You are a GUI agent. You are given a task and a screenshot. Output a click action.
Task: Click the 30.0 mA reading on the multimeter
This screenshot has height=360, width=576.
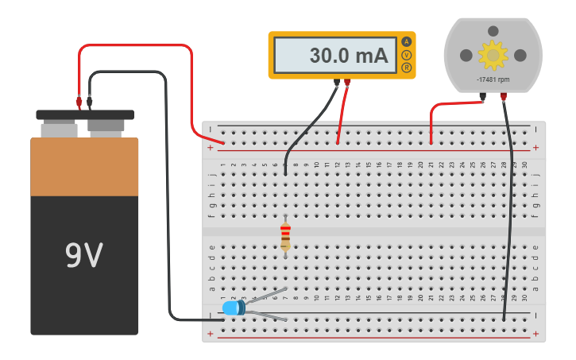point(348,56)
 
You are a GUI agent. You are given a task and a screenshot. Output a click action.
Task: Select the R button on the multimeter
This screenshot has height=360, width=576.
point(407,68)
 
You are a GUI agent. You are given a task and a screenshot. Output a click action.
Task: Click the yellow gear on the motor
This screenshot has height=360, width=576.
point(493,55)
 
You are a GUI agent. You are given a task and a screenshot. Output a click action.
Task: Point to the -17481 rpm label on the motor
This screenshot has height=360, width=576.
point(493,80)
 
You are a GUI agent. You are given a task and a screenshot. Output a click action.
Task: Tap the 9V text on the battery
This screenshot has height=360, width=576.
point(83,256)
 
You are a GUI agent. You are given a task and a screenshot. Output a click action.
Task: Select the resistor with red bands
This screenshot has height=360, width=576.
point(285,237)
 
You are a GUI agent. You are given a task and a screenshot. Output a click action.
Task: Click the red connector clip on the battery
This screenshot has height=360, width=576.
point(79,102)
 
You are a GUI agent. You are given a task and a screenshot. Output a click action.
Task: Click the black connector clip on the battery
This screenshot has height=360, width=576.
point(89,102)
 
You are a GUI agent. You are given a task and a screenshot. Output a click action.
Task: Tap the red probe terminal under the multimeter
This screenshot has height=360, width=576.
point(347,81)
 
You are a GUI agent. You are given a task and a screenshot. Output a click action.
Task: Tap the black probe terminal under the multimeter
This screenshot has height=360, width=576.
point(337,81)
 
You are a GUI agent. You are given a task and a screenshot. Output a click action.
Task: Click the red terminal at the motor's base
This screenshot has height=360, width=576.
point(503,98)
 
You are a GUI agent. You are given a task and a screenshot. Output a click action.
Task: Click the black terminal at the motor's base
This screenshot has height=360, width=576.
point(483,98)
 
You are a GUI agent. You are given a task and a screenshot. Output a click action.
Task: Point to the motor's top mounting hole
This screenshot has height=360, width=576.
point(493,31)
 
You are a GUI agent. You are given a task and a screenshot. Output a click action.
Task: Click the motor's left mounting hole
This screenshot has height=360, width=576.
point(466,55)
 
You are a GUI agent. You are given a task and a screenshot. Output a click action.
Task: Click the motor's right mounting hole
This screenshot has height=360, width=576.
point(520,55)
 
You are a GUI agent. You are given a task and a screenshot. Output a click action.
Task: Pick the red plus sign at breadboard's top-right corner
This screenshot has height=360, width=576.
point(536,148)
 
